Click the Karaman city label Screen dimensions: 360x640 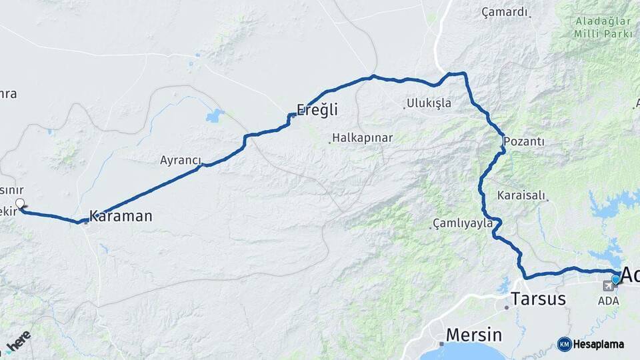[121, 216]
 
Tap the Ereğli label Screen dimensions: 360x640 [317, 109]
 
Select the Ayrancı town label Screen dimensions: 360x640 [180, 160]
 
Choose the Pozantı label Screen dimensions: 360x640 [524, 141]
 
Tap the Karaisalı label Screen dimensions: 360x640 [521, 196]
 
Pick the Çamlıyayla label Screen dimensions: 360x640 [462, 223]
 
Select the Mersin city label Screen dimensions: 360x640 [473, 334]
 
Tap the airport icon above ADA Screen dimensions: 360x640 [608, 287]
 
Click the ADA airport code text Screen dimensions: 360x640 [609, 301]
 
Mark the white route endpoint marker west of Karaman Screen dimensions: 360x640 [20, 204]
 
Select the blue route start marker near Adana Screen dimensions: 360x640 [616, 279]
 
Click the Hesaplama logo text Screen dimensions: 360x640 [598, 344]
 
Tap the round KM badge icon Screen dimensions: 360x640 [564, 344]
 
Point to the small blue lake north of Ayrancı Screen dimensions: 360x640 [215, 117]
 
